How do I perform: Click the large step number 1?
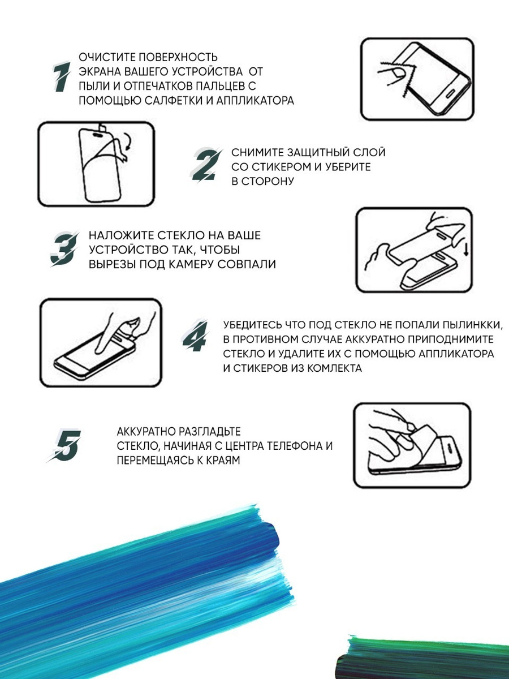[x=62, y=77]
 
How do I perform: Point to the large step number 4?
[x=195, y=336]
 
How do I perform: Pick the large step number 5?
[x=66, y=446]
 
